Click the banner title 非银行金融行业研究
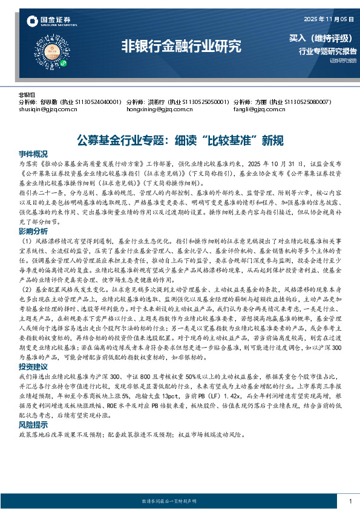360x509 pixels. tap(182, 46)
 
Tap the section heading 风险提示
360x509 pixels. tap(33, 408)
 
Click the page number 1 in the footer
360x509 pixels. tap(350, 502)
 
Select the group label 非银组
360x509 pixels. tap(27, 96)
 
